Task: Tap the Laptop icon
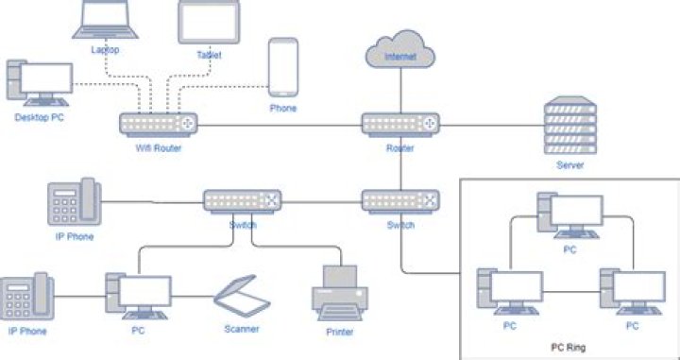click(105, 20)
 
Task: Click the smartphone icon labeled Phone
click(282, 68)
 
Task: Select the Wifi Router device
click(158, 124)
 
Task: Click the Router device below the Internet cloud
click(400, 124)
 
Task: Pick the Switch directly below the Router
click(400, 200)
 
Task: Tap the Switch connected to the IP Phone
click(243, 200)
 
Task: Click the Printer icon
click(338, 293)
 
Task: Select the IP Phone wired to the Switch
click(74, 201)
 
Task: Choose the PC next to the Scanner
click(138, 297)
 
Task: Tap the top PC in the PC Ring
click(568, 216)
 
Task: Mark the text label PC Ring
click(569, 348)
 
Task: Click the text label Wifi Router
click(158, 148)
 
